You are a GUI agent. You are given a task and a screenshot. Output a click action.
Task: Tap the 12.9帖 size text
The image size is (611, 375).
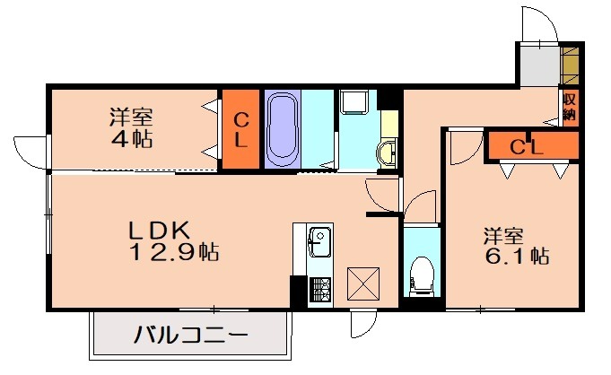[x=176, y=251]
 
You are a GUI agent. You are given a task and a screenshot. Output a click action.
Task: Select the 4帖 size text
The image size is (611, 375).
[x=132, y=139]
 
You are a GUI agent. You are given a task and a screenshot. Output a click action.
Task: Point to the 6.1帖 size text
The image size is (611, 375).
[x=516, y=256]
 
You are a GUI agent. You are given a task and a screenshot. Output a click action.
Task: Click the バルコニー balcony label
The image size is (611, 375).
[x=191, y=337]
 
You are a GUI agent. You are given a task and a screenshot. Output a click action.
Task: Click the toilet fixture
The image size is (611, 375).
[x=418, y=275]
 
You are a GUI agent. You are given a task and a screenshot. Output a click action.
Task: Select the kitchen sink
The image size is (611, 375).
[x=319, y=241]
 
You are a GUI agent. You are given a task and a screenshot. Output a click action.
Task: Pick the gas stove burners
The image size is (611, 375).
[x=319, y=288]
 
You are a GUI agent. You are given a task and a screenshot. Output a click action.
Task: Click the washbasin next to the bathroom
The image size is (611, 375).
[x=388, y=153]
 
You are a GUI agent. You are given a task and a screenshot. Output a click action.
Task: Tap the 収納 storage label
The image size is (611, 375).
[x=570, y=108]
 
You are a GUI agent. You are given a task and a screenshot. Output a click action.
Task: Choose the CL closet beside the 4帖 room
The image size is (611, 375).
[x=241, y=130]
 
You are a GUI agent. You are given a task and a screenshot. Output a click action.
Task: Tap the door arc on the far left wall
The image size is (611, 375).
[x=31, y=150]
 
